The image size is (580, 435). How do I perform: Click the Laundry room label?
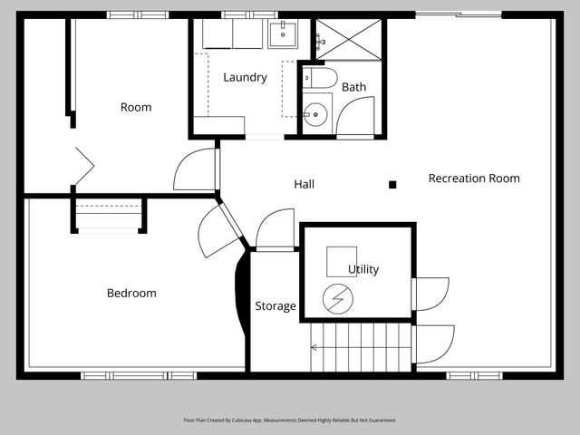tap(245, 77)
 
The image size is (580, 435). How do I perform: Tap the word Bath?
tap(354, 87)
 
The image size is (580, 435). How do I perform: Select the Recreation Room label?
tap(474, 179)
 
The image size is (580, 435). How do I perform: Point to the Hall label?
tap(304, 184)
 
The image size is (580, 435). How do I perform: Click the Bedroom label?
tap(131, 293)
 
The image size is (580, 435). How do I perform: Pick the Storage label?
tap(275, 306)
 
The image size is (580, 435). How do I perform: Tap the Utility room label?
tap(363, 269)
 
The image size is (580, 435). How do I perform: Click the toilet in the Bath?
tap(320, 78)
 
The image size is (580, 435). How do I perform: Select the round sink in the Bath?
tap(315, 115)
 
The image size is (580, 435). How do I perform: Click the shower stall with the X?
tap(348, 40)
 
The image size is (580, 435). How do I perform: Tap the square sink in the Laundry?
tap(283, 34)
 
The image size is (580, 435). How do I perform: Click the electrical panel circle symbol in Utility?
tap(338, 299)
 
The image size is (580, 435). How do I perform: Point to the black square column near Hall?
tap(392, 185)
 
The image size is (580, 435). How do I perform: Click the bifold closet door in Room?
tap(84, 166)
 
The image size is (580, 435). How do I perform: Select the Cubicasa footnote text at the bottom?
tap(290, 420)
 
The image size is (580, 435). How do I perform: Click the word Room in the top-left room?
tap(136, 107)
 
